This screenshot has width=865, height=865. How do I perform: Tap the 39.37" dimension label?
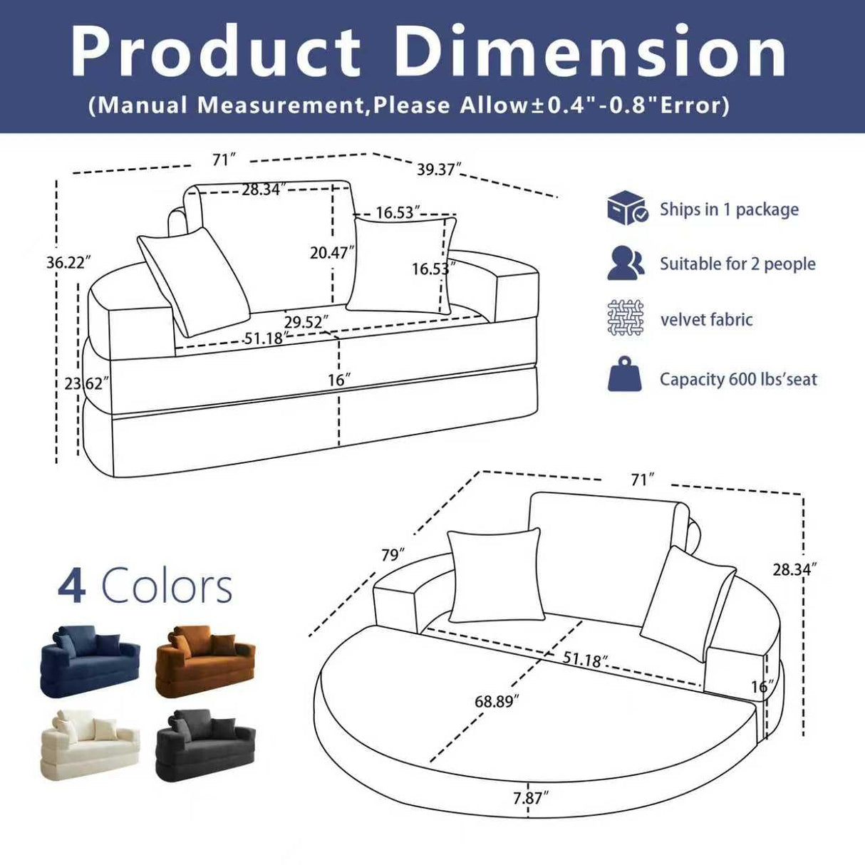coord(439,170)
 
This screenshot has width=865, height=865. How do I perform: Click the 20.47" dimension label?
coord(332,252)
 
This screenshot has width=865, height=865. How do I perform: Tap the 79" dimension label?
coord(393,554)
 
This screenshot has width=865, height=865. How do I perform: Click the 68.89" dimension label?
coord(497,701)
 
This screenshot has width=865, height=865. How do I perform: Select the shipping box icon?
coord(626,208)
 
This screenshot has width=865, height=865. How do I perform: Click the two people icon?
coord(626,263)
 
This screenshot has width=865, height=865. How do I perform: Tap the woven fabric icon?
coord(626,318)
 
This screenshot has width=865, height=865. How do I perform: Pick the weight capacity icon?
coord(624,375)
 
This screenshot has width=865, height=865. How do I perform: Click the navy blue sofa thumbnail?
coord(90,660)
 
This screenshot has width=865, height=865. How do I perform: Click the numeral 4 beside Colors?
coord(72,586)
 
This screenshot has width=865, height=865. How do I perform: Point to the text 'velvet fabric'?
coord(706,319)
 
